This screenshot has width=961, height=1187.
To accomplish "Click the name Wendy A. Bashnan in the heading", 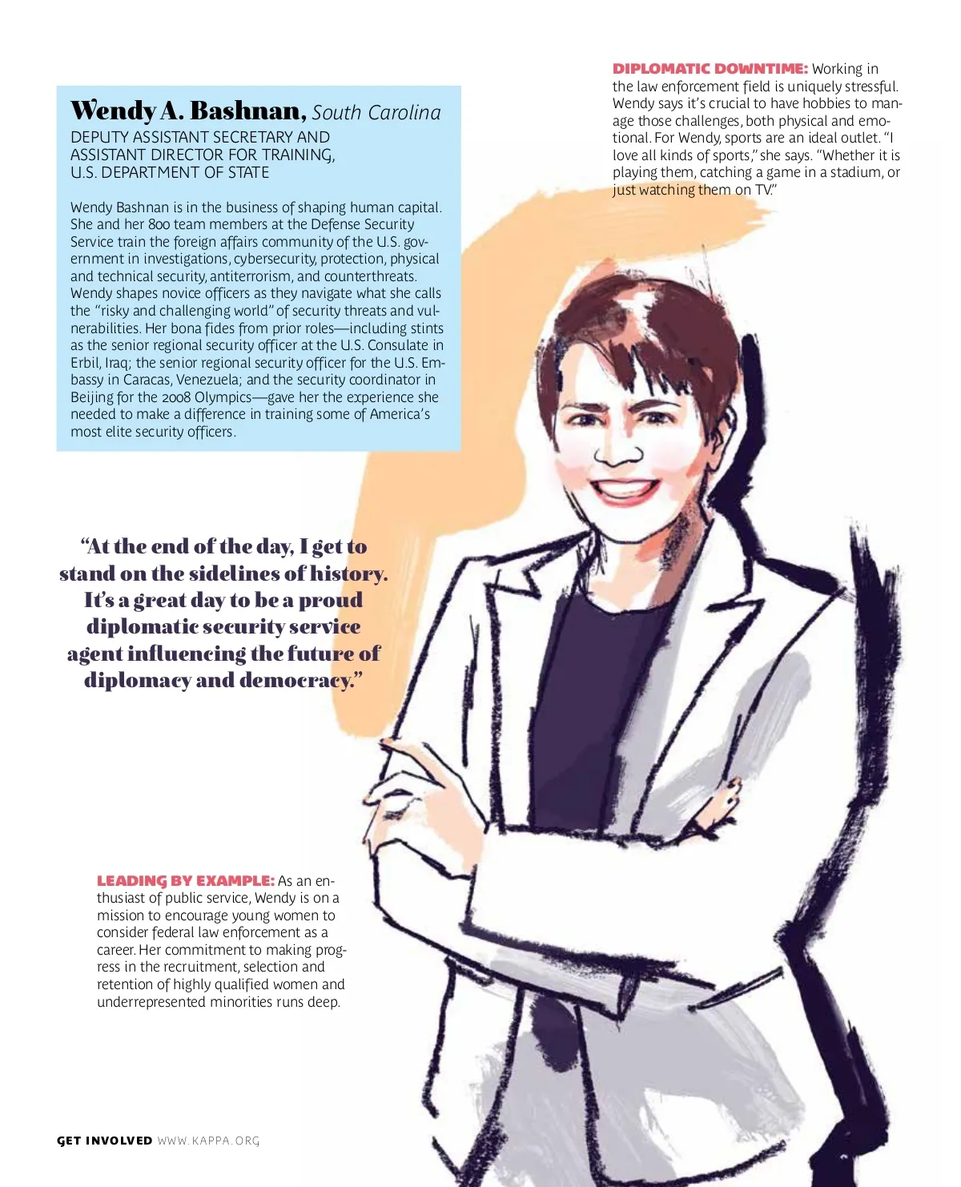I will point(188,111).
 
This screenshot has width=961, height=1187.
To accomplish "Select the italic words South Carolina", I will point(376,113).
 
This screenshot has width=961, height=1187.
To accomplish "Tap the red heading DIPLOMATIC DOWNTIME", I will point(710,69).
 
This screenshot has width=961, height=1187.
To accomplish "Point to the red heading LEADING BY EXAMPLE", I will point(185,881).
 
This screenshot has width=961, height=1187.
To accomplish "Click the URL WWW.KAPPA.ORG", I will point(208,1141).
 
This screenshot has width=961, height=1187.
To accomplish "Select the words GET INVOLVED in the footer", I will point(104,1141).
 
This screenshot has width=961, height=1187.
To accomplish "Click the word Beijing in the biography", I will point(92,397).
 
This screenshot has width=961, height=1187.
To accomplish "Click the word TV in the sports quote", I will point(763,190).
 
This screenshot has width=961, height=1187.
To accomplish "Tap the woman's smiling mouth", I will point(626,489).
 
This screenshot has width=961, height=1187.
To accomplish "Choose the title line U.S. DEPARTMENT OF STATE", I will point(169,172).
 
